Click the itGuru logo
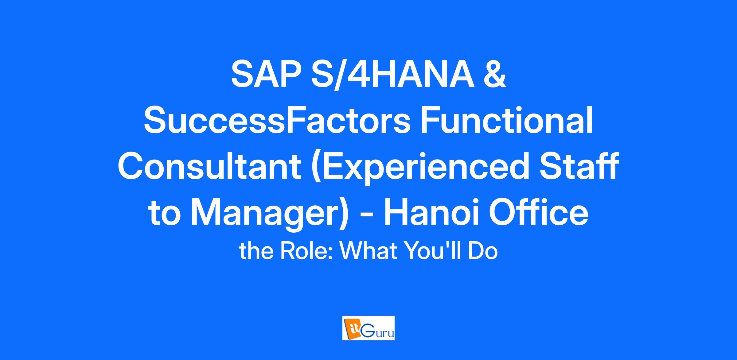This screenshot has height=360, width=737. coord(368,328)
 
